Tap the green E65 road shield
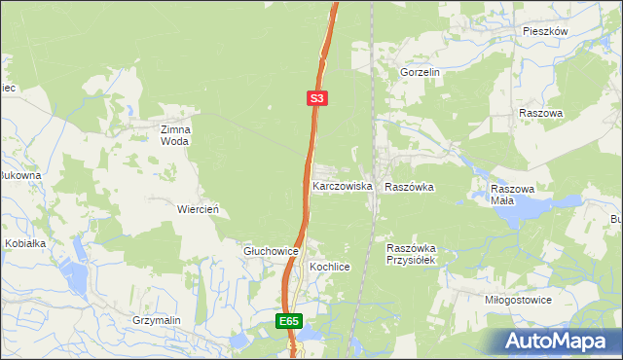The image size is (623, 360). click(x=288, y=321)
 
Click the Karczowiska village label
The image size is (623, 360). click(x=343, y=185)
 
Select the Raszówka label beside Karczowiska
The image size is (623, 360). click(x=410, y=186)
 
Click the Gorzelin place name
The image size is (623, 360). click(x=421, y=72)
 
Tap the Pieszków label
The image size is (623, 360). click(x=544, y=31)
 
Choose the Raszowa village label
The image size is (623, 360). click(x=541, y=113)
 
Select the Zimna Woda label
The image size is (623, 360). click(x=176, y=134)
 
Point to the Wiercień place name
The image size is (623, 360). click(x=197, y=209)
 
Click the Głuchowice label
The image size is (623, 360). click(x=270, y=251)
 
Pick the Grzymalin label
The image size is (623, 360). click(x=158, y=319)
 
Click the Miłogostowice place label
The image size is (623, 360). click(x=518, y=300)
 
